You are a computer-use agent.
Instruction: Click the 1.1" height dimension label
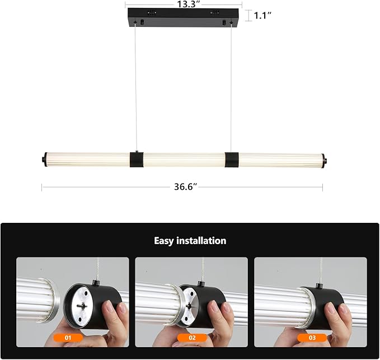262,16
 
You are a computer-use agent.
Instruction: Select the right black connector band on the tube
231,160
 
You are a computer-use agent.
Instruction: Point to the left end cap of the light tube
43,160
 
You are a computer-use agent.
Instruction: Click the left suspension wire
135,90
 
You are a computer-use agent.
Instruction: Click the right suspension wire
231,90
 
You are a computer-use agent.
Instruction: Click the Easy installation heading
190,241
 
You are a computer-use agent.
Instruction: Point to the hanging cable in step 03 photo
321,272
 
